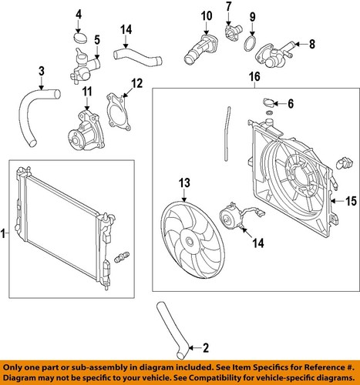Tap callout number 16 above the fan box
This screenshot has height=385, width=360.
(254, 77)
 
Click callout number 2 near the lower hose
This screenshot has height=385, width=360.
(204, 346)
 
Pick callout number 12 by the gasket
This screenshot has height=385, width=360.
(136, 82)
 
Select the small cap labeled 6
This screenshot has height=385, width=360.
(267, 102)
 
